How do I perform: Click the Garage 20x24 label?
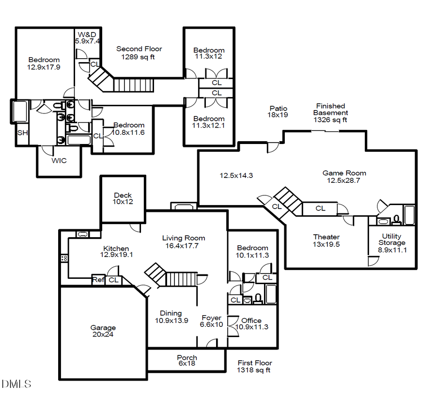pos(103,331)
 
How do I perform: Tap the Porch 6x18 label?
pos(187,360)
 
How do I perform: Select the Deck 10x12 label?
pos(123,198)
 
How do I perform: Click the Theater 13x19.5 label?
pos(326,241)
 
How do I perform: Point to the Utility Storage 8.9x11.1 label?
pos(392,243)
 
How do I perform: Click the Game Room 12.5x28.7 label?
pos(344,177)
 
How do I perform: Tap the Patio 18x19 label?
pos(278,112)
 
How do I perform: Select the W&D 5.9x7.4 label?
pos(87,38)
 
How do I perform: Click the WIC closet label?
pos(59,161)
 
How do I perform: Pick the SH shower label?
pos(22,132)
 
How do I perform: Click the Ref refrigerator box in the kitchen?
pos(98,280)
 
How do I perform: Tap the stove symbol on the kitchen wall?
pos(63,258)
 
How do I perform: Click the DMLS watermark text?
pos(16,384)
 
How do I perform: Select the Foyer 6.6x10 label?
pos(212,321)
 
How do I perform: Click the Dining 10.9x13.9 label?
pos(171,317)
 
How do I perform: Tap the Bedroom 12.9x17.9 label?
pos(44,64)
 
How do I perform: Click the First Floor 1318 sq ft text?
pos(254,366)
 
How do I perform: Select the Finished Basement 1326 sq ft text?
pos(330,113)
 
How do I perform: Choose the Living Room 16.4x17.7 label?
pos(183,241)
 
